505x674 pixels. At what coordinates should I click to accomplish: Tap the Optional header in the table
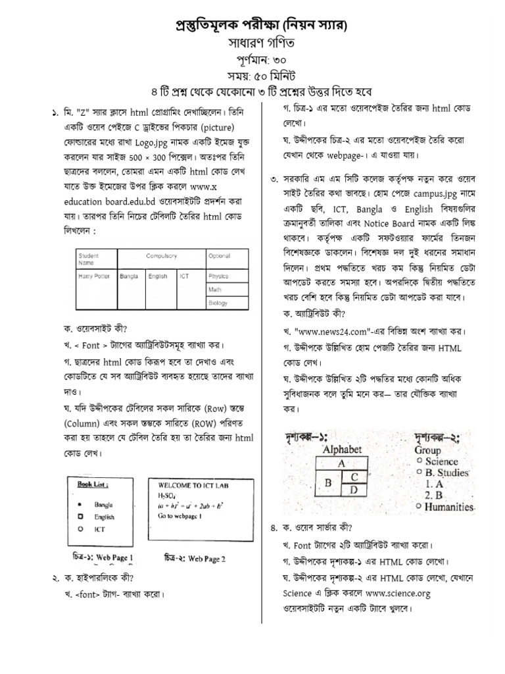(x=219, y=255)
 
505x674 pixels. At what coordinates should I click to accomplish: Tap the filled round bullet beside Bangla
(x=79, y=504)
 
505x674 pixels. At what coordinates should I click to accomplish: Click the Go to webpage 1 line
(x=182, y=517)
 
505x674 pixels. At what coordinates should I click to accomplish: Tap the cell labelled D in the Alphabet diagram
(x=353, y=489)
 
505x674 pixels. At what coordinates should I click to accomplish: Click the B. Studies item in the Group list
(x=446, y=473)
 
